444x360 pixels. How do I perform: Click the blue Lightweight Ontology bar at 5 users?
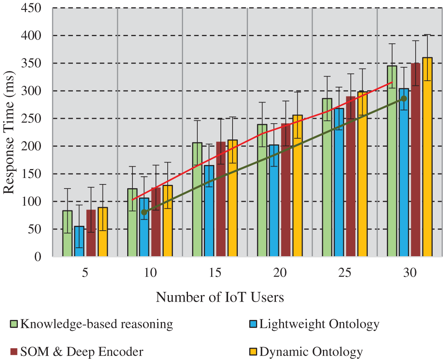[x=79, y=241]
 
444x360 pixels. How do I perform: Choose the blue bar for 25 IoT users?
[x=339, y=182]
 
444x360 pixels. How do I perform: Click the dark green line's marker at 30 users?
[x=403, y=99]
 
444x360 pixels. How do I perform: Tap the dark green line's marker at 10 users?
[x=144, y=212]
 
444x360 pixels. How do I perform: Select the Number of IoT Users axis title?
[x=220, y=298]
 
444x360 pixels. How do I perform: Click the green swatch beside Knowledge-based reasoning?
[x=14, y=324]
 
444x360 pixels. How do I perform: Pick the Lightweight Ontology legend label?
[x=319, y=324]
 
